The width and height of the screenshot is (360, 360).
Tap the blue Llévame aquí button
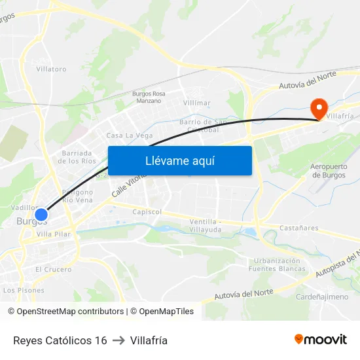179,160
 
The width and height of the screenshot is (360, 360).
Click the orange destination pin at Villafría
318,109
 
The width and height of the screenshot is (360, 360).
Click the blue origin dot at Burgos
41,215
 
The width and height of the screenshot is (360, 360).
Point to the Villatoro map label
51,69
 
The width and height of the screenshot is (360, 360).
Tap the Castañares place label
298,228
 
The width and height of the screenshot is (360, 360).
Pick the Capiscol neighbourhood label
147,212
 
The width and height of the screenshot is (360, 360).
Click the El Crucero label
54,269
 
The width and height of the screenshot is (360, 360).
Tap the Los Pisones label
24,290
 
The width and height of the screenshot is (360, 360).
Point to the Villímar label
197,103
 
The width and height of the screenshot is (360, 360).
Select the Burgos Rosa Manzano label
149,97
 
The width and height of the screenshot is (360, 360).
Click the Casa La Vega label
130,135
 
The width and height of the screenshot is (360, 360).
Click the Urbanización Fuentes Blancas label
278,264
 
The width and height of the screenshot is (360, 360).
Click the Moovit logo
321,340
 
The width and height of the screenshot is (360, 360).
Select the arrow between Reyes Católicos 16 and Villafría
118,340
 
